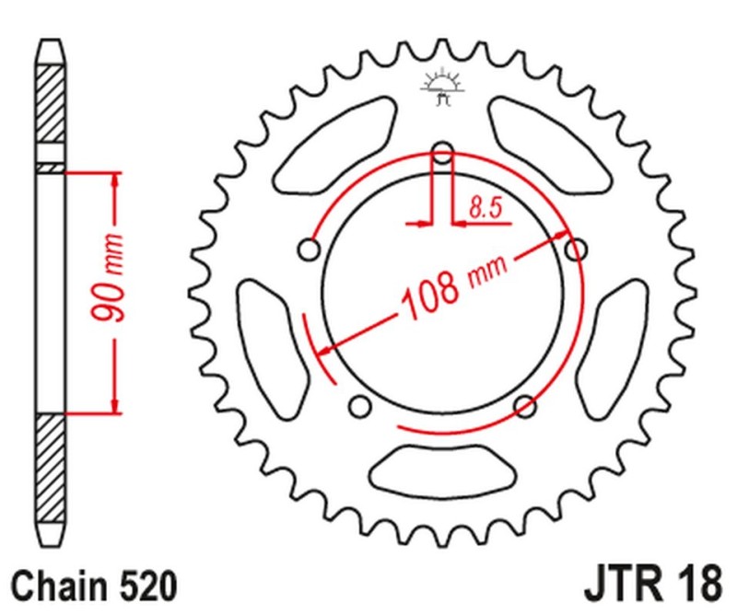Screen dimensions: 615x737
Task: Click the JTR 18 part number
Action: point(649,586)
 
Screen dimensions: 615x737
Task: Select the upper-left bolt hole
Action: point(310,249)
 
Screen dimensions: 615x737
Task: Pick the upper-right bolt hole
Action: point(576,249)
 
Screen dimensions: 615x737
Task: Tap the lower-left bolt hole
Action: point(360,405)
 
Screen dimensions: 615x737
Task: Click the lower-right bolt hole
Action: point(525,405)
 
